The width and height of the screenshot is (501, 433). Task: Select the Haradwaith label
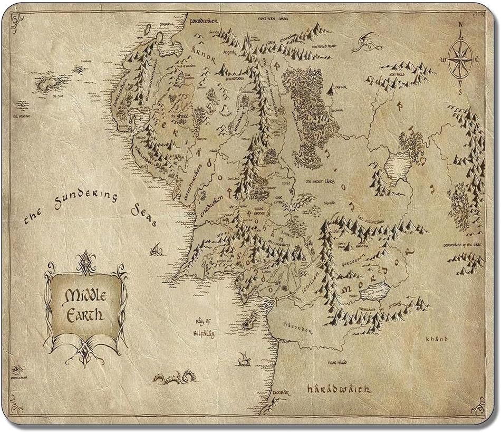point(340,389)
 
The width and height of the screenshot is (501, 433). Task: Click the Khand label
point(437,339)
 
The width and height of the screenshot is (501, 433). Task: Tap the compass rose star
point(460,57)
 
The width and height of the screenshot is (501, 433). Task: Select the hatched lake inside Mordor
point(378,289)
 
